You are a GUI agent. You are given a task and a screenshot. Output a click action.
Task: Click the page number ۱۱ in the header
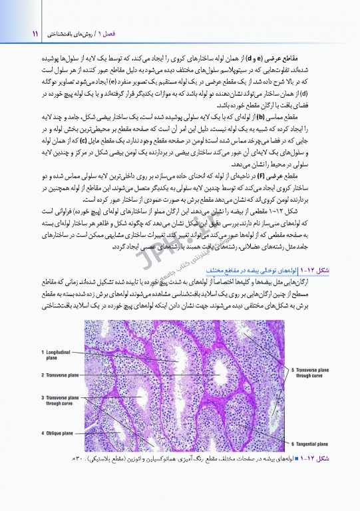pos(15,32)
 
